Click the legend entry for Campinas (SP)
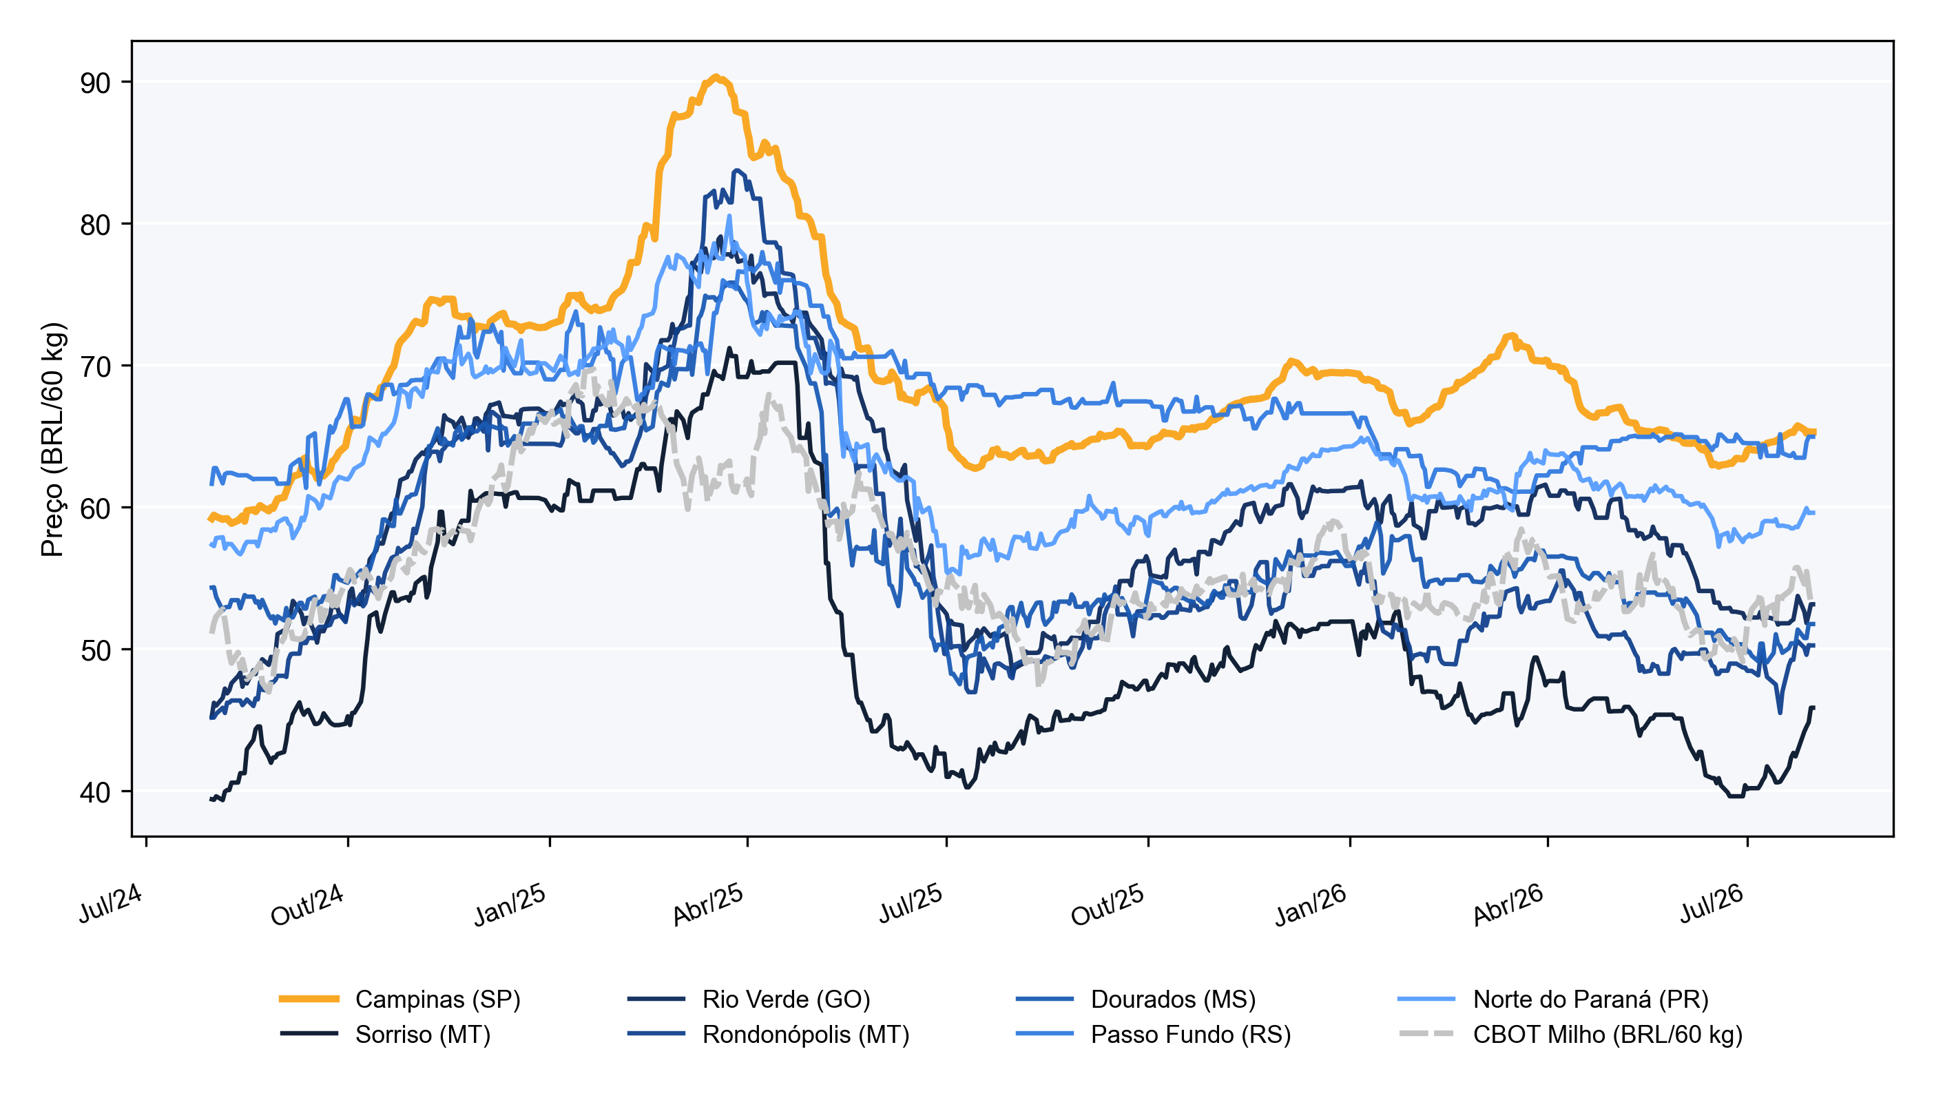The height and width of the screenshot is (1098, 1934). tap(399, 999)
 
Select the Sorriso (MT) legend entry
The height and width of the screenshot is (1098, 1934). tap(384, 1034)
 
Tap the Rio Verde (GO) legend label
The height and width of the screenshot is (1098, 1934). tap(787, 999)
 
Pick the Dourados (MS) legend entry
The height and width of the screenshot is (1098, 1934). tap(1136, 999)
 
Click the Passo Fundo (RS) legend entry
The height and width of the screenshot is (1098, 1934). tap(1153, 1034)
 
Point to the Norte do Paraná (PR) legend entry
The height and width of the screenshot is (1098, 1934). tap(1552, 999)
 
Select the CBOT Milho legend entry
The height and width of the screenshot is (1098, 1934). tap(1570, 1034)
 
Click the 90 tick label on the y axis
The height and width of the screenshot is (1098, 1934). tap(95, 83)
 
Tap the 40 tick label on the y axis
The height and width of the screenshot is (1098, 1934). tap(95, 793)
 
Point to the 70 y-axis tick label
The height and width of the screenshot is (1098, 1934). tap(95, 367)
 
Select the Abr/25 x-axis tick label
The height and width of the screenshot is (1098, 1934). tap(708, 904)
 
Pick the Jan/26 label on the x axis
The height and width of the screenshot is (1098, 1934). tap(1311, 904)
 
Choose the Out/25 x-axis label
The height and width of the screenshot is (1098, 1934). tap(1108, 904)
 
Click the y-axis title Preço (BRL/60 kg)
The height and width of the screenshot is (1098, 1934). tap(53, 439)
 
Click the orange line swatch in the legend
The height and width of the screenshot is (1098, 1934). tap(309, 999)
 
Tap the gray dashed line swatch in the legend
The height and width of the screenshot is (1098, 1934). tap(1426, 1034)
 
